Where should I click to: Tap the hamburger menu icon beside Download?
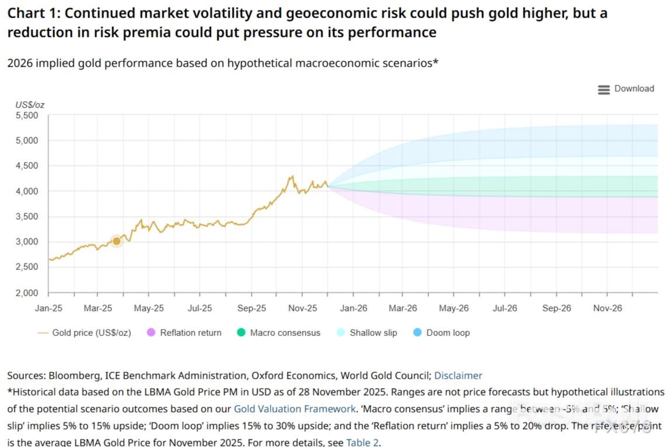604,89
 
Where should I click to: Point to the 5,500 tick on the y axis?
26,116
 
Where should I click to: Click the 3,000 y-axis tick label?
26,242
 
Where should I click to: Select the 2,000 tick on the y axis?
26,293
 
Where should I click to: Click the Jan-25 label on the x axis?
48,308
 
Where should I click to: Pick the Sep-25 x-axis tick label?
252,308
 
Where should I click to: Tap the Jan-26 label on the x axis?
353,308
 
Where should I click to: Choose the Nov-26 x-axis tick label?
608,308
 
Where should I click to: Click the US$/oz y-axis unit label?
30,105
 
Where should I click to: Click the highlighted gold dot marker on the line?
116,241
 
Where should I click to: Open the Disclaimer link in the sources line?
458,376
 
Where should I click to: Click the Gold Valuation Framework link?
294,409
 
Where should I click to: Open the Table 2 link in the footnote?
362,442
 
